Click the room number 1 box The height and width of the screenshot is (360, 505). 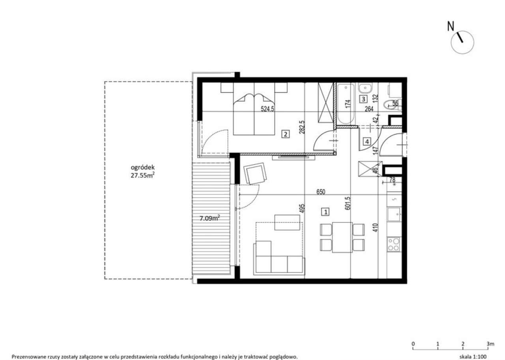pyautogui.click(x=325, y=212)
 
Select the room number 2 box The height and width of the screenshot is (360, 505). pyautogui.click(x=286, y=134)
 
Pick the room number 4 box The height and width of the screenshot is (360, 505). pyautogui.click(x=367, y=141)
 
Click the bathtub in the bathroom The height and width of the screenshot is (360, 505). pyautogui.click(x=345, y=103)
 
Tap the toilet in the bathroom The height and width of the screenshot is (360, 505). pyautogui.click(x=391, y=104)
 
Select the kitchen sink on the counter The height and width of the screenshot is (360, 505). pyautogui.click(x=394, y=215)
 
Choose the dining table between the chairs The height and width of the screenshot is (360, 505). pyautogui.click(x=342, y=237)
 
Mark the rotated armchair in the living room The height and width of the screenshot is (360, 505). pyautogui.click(x=256, y=174)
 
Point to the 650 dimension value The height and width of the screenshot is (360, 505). pyautogui.click(x=320, y=192)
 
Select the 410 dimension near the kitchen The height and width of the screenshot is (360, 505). pyautogui.click(x=376, y=228)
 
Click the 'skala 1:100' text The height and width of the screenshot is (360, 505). pyautogui.click(x=473, y=356)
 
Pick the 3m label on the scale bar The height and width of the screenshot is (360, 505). pyautogui.click(x=490, y=344)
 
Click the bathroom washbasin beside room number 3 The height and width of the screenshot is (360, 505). pyautogui.click(x=365, y=87)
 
